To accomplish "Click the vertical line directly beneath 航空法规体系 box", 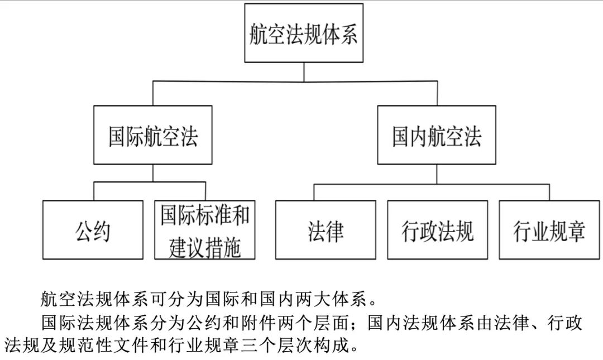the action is tap(304, 72).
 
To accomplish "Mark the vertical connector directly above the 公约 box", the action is tap(94, 191).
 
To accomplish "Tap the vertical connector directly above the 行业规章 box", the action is tap(549, 193).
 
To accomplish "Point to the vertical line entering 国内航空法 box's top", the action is tap(437, 93).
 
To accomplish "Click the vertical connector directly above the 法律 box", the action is tap(314, 193).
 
